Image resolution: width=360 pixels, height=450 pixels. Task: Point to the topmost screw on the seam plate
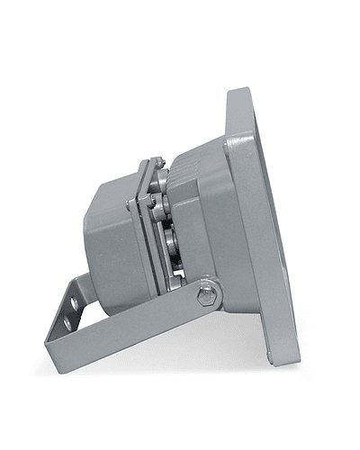coord(157,164)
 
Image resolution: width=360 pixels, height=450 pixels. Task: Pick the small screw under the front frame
coord(268,357)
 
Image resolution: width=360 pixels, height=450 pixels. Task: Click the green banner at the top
coord(180,22)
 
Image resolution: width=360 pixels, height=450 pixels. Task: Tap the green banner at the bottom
coord(180,427)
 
